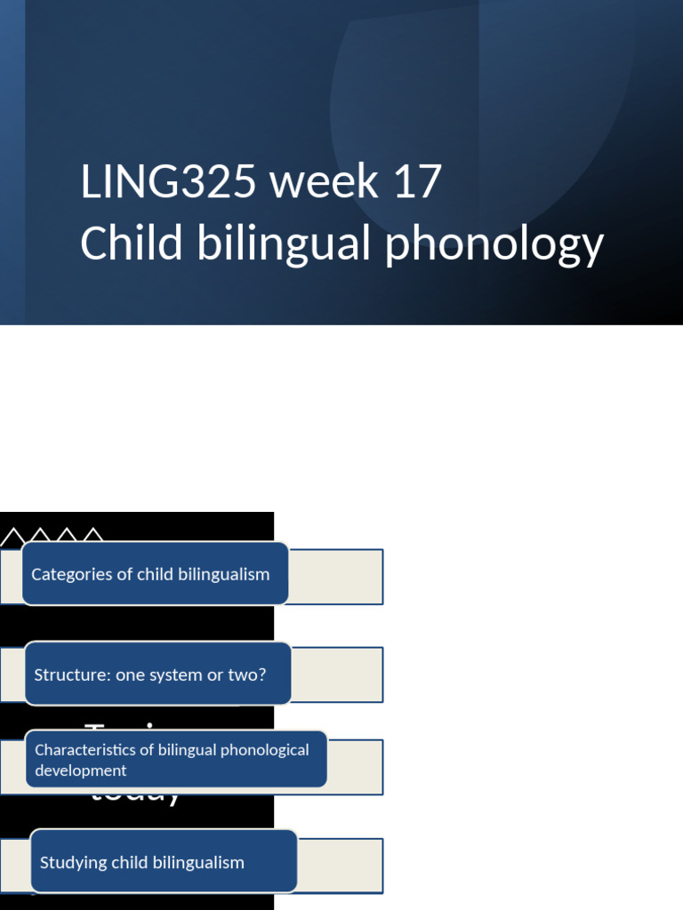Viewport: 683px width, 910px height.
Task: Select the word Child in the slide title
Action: (x=133, y=243)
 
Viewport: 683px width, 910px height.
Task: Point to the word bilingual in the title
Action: (x=285, y=243)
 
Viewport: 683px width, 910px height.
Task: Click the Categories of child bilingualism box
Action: (x=156, y=574)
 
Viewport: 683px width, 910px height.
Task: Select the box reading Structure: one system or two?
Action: (x=157, y=675)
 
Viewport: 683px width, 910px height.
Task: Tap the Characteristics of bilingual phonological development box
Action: (x=176, y=760)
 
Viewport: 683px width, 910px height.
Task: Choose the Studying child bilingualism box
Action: (x=164, y=862)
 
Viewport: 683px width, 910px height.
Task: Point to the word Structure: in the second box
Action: (x=72, y=675)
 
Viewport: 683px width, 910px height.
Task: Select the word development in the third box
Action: (x=81, y=770)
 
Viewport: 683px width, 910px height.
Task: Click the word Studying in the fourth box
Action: (x=74, y=862)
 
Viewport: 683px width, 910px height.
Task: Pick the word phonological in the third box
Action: (x=265, y=750)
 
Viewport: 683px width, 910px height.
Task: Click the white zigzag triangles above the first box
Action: (x=53, y=536)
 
